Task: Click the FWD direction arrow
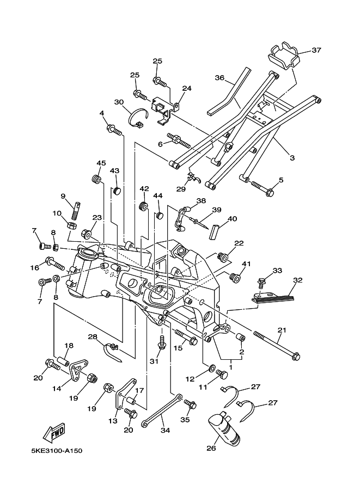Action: (54, 432)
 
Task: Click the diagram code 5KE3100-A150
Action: (57, 450)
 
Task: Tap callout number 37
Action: (316, 50)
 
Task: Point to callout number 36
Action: (219, 78)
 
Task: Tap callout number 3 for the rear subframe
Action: (292, 157)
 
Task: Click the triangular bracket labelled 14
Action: (78, 370)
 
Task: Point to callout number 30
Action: (119, 102)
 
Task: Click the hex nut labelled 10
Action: (72, 226)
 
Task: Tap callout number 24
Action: (187, 88)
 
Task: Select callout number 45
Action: (101, 163)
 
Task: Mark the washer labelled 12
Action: (211, 369)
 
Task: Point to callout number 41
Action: (246, 263)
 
